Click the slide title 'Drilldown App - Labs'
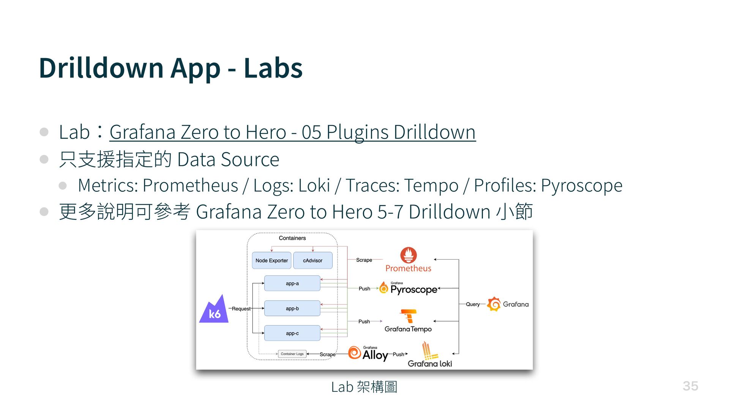coord(170,68)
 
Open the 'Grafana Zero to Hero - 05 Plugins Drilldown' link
coord(292,132)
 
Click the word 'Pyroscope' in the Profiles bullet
coord(581,186)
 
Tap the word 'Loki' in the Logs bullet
coord(314,186)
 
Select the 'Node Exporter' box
coord(271,260)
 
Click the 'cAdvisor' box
coord(312,260)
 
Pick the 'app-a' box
coord(292,284)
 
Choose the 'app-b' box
coord(292,309)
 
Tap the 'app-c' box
coord(292,333)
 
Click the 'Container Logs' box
coord(292,354)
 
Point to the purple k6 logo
coord(214,310)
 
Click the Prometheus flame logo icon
coord(408,255)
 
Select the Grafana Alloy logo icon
coord(354,353)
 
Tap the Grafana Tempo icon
coord(408,316)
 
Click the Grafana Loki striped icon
coord(428,351)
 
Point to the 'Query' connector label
coord(473,304)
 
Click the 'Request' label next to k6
coord(241,309)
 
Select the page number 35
coord(690,386)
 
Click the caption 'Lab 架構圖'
coord(364,387)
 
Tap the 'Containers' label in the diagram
coord(292,238)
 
